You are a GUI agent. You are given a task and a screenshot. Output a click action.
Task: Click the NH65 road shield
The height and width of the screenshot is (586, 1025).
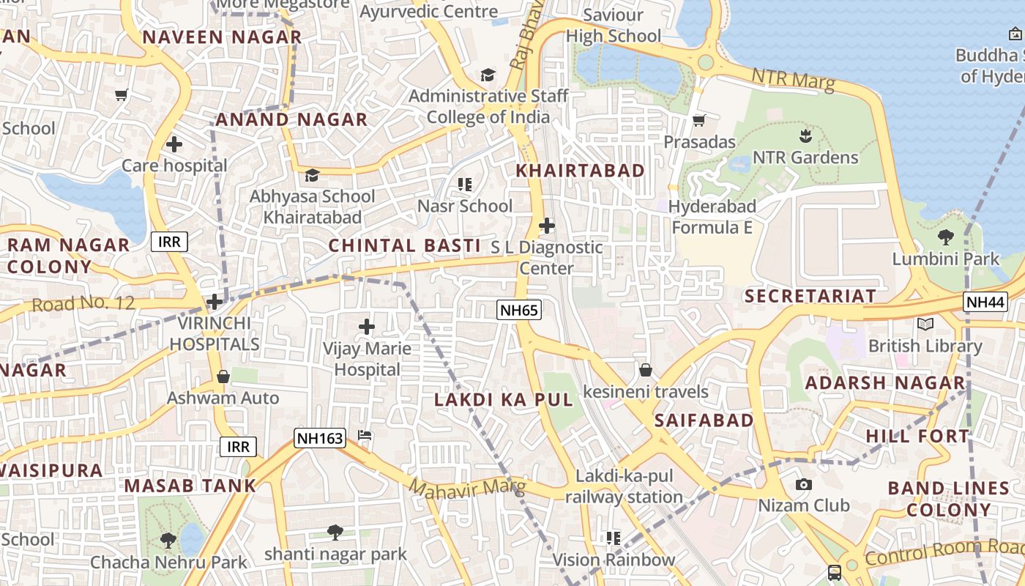click(519, 310)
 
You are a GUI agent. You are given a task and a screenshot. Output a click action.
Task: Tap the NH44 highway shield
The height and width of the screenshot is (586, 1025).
click(985, 301)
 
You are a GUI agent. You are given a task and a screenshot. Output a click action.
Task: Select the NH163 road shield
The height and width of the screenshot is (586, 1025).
click(319, 438)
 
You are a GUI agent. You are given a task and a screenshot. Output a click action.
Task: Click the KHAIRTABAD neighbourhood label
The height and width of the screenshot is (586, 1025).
click(581, 171)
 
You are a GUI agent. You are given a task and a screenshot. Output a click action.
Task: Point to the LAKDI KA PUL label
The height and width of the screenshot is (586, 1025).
click(504, 400)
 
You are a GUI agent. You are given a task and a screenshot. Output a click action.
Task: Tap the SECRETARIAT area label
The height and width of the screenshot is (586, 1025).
click(810, 296)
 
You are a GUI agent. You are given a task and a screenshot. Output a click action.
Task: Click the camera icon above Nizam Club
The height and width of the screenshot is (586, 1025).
click(803, 485)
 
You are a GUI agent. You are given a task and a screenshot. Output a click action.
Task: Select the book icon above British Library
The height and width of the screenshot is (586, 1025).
click(925, 324)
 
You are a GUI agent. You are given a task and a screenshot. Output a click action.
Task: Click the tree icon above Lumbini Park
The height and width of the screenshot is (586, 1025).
click(945, 237)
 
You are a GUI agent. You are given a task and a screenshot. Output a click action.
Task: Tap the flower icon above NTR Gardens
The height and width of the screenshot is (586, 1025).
click(805, 136)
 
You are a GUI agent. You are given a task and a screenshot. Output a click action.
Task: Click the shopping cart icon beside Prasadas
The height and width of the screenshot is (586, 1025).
click(699, 120)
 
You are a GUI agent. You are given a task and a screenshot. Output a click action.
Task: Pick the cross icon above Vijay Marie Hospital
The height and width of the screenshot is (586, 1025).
click(367, 327)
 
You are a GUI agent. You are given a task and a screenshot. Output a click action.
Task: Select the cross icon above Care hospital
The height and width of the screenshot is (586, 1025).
click(174, 144)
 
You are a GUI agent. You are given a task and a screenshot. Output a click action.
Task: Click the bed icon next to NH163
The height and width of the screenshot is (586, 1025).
click(365, 435)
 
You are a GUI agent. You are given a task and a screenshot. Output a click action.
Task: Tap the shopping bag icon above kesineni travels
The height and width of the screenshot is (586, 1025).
click(645, 370)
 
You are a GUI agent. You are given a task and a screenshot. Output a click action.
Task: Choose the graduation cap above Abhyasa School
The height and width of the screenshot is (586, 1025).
click(312, 175)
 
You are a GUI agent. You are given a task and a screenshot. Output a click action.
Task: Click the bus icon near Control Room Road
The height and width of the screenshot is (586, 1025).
click(834, 573)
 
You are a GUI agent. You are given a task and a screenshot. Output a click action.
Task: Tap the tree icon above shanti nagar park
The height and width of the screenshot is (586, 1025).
click(335, 532)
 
